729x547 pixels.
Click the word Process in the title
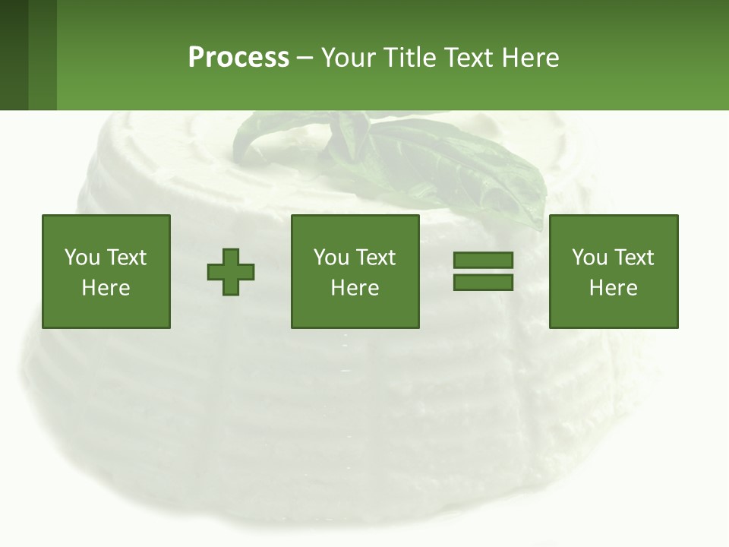coord(238,57)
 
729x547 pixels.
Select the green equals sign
coord(483,271)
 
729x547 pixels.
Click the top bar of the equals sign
coord(483,261)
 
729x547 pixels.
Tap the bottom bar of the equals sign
coord(483,282)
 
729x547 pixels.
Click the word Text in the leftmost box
coord(126,258)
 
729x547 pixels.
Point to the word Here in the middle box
coord(355,288)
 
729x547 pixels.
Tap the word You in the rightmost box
coord(589,258)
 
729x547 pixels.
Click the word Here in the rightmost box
coord(613,288)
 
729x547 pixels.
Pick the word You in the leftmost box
coord(82,258)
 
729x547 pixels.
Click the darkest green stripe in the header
coord(14,55)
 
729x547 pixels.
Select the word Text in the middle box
coord(376,258)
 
